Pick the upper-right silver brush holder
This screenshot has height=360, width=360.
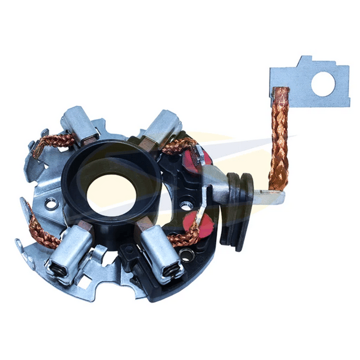click(161, 127)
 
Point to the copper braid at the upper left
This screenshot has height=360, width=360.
click(49, 141)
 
